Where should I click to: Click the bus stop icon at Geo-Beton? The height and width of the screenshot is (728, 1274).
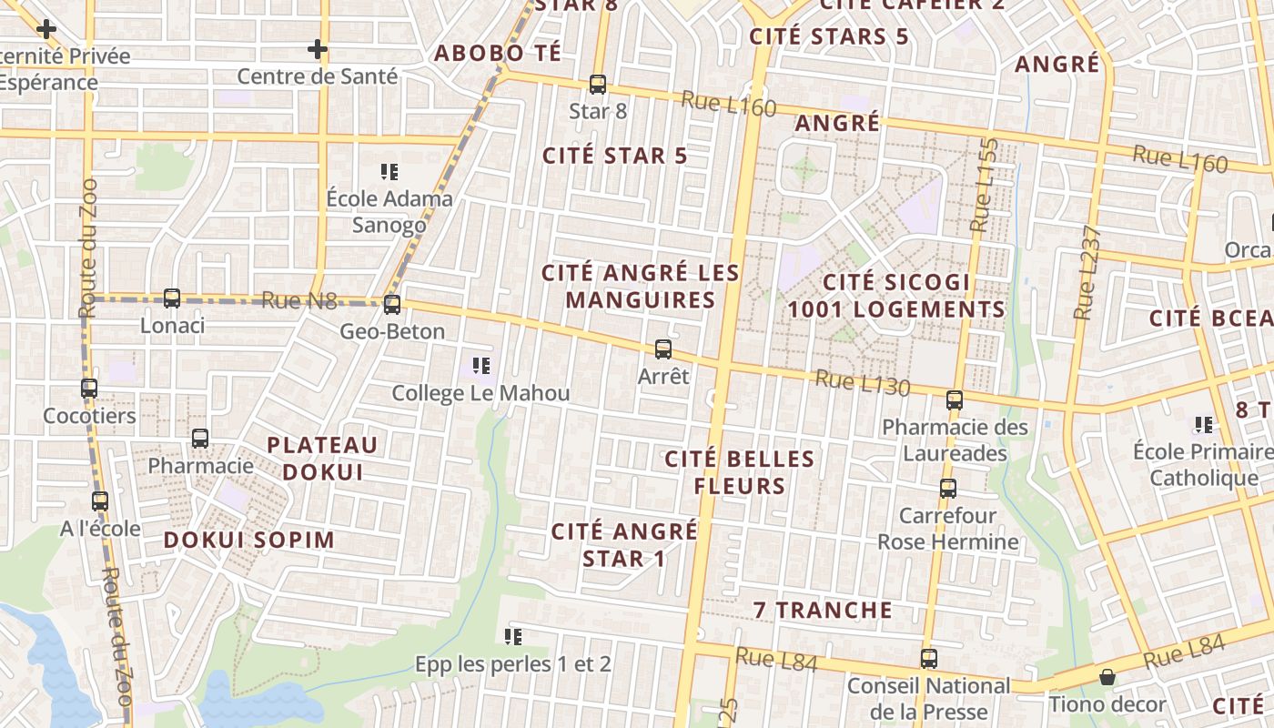(392, 305)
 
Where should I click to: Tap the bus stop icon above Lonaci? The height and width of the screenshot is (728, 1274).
(172, 298)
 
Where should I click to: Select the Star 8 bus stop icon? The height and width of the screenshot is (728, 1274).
(598, 85)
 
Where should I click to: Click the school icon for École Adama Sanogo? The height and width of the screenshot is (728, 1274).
(390, 171)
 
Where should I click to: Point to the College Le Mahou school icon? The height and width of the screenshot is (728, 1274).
(481, 367)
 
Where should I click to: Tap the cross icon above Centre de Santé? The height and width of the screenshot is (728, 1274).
(317, 49)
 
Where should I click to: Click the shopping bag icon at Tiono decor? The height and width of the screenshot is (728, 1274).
(1107, 677)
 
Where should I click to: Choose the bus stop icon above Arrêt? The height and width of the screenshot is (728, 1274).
(663, 349)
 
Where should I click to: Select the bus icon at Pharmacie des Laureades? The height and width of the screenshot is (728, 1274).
(955, 399)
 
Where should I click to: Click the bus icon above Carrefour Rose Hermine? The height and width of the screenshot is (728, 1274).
(948, 489)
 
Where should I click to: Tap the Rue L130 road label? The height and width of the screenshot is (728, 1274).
(862, 383)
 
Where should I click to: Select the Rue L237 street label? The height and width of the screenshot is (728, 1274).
(1087, 272)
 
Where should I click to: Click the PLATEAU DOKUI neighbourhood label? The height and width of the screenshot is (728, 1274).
(322, 459)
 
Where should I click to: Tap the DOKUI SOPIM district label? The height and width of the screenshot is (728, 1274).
(249, 540)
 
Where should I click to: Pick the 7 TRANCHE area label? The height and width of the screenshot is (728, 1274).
(823, 610)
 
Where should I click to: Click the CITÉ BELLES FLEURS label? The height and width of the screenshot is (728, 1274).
(739, 472)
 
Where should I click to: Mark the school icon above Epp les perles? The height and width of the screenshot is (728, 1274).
(512, 637)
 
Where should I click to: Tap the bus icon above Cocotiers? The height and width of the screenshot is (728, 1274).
(89, 389)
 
